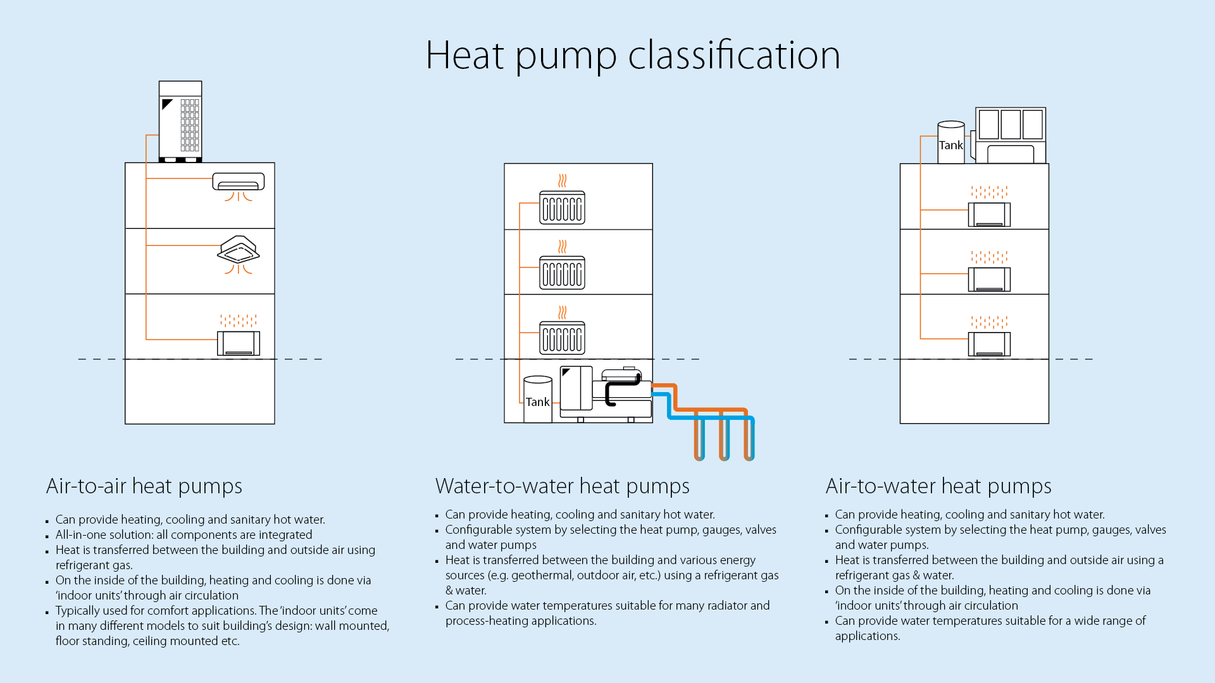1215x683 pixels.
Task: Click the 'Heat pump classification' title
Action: (633, 56)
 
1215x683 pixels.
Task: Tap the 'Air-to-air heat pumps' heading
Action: (144, 486)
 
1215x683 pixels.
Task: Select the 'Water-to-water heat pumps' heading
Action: (563, 486)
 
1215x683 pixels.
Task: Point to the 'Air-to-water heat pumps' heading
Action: (938, 486)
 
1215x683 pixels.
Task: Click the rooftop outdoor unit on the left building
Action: (180, 121)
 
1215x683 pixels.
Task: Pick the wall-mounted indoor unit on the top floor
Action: (239, 182)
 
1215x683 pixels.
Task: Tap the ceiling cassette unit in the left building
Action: (239, 249)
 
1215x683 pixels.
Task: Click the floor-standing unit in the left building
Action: (239, 343)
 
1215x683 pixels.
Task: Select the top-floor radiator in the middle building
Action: (562, 207)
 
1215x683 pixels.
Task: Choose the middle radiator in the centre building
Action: (562, 273)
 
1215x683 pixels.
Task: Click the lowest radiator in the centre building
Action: (562, 338)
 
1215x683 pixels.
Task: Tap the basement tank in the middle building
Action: (538, 399)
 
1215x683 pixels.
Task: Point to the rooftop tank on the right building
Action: (951, 142)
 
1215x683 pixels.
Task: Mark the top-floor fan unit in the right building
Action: (989, 214)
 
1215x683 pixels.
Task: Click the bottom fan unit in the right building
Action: (989, 344)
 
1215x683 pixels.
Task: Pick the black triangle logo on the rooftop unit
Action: (167, 104)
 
